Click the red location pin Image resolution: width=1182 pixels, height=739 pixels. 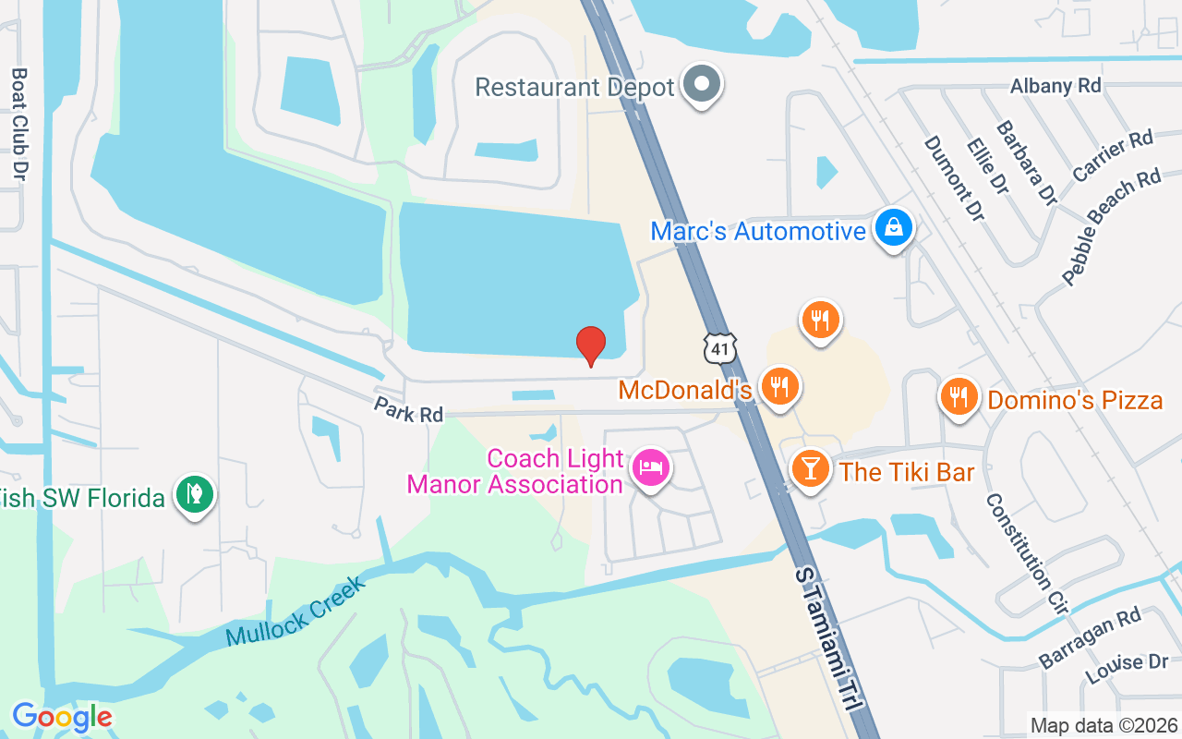pos(591,345)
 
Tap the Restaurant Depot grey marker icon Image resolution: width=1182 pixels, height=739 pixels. pos(702,84)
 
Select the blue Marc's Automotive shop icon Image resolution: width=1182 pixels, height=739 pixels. pos(893,227)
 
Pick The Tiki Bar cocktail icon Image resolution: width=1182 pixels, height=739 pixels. pos(811,469)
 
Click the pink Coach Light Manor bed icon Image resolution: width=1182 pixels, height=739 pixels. pos(652,468)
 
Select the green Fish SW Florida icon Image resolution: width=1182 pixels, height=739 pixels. pos(194,496)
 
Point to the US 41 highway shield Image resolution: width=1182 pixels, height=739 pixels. pos(720,348)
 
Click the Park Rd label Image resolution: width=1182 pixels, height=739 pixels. pos(408,410)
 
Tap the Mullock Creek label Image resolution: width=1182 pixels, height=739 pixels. pos(295,611)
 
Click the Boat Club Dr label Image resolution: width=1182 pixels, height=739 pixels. pos(19,123)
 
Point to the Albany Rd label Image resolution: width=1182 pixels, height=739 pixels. pos(1055,86)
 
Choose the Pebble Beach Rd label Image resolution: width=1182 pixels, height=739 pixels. pos(1110,227)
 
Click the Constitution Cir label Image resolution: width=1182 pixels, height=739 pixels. pos(1026,554)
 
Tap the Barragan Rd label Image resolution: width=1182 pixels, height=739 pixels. pos(1090,637)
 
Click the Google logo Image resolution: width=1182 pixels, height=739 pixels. pos(62,716)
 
